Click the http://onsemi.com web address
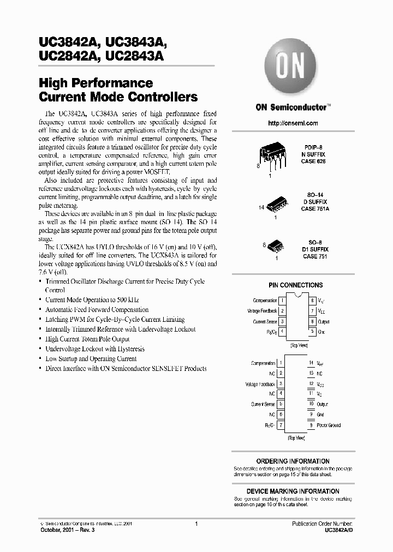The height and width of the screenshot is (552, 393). [x=293, y=123]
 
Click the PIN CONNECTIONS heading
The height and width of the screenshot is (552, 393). [x=295, y=285]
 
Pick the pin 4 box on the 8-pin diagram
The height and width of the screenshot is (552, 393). [x=282, y=331]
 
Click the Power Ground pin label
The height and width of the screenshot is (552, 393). [x=329, y=425]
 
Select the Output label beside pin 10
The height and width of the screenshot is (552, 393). [x=322, y=404]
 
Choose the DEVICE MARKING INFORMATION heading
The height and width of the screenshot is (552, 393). [x=293, y=491]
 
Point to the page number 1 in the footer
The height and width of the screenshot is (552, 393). [x=195, y=524]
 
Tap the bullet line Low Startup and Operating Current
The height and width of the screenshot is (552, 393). [x=91, y=359]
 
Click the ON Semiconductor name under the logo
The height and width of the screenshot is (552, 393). [x=291, y=108]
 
